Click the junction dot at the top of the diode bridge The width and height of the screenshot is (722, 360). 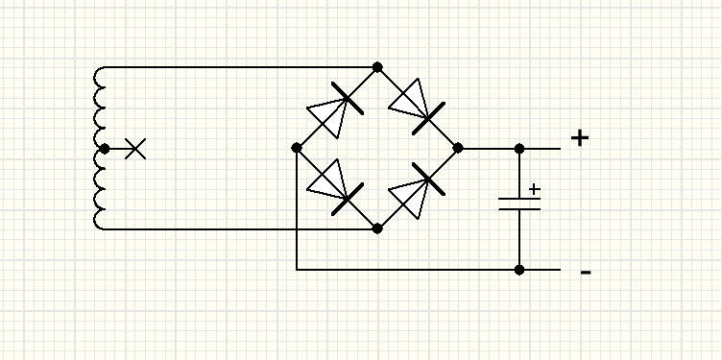pyautogui.click(x=377, y=67)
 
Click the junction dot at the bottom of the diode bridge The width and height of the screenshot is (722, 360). pyautogui.click(x=377, y=228)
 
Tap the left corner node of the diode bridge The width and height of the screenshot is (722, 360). pyautogui.click(x=297, y=148)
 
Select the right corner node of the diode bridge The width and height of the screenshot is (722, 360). pyautogui.click(x=458, y=148)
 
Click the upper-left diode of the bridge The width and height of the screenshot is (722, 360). pyautogui.click(x=335, y=110)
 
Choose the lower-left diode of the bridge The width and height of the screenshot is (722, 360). pyautogui.click(x=335, y=187)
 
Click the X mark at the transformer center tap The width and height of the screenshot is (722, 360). pyautogui.click(x=135, y=149)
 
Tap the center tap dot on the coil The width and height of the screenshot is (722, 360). pyautogui.click(x=105, y=149)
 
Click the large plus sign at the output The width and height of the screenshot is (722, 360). pyautogui.click(x=580, y=138)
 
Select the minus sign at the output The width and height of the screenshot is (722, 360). pyautogui.click(x=586, y=273)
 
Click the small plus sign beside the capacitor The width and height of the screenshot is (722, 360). pyautogui.click(x=534, y=189)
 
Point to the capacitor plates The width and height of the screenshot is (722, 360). pyautogui.click(x=519, y=204)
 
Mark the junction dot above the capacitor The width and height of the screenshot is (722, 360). pyautogui.click(x=519, y=149)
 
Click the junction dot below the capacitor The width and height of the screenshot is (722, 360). pyautogui.click(x=519, y=270)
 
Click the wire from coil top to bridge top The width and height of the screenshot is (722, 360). pyautogui.click(x=240, y=67)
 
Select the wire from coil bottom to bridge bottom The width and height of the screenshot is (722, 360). pyautogui.click(x=240, y=228)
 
